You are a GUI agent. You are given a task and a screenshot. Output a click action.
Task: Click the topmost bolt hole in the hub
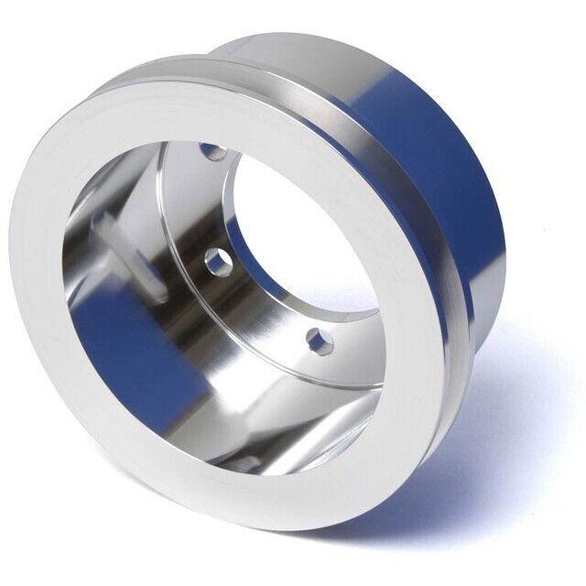click(x=212, y=149)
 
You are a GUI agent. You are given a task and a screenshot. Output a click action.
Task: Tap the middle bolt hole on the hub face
click(x=217, y=261)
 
